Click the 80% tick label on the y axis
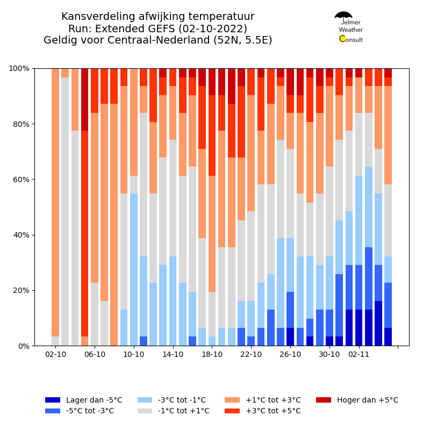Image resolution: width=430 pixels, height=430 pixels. point(21,124)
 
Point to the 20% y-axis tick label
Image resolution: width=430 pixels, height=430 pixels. point(21,290)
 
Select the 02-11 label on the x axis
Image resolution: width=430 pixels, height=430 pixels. point(359,354)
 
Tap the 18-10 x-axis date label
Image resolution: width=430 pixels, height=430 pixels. point(212,354)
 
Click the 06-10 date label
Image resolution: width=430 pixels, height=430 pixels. point(95,354)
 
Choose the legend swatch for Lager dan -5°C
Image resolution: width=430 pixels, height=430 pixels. point(53,400)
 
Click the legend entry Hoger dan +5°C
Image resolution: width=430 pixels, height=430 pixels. point(368,400)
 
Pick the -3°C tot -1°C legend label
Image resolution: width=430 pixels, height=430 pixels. point(182,400)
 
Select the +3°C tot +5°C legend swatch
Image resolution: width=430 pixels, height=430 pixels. point(232,411)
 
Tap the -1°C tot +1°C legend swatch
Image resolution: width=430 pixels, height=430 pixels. point(145,411)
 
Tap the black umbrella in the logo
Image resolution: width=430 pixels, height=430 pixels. point(343,15)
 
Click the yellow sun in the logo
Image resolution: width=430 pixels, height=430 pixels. point(342,39)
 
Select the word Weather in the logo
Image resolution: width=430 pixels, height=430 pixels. point(350,30)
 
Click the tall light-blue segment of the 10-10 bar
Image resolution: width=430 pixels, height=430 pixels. point(134,270)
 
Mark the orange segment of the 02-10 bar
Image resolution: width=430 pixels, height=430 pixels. point(55,203)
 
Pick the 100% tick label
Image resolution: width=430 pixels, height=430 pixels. point(19,68)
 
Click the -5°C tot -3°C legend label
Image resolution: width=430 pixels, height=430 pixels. point(90,411)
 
